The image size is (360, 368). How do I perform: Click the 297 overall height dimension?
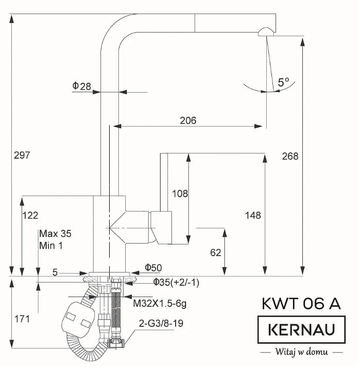[22, 155]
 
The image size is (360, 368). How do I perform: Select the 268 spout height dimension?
[290, 156]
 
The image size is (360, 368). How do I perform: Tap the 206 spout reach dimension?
[188, 120]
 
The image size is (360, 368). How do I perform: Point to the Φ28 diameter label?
[81, 86]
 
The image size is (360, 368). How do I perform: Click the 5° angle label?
[283, 82]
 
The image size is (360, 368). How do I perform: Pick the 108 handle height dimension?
[180, 194]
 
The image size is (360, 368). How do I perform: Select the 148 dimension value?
[253, 216]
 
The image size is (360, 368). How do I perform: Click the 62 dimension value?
[216, 253]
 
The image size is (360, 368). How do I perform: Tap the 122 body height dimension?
[30, 216]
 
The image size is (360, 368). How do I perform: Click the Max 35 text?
[55, 234]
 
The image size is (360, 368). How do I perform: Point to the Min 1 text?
[51, 246]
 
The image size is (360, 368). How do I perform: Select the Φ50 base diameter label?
[153, 268]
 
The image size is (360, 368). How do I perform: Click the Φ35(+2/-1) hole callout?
[176, 283]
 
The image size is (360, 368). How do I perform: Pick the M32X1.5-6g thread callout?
[160, 304]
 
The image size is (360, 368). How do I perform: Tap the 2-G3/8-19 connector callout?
[161, 324]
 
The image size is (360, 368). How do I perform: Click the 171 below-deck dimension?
[22, 320]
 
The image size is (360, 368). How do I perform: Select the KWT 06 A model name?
[301, 304]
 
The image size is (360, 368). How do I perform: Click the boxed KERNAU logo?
[301, 330]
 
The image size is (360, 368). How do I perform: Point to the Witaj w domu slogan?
[301, 352]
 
